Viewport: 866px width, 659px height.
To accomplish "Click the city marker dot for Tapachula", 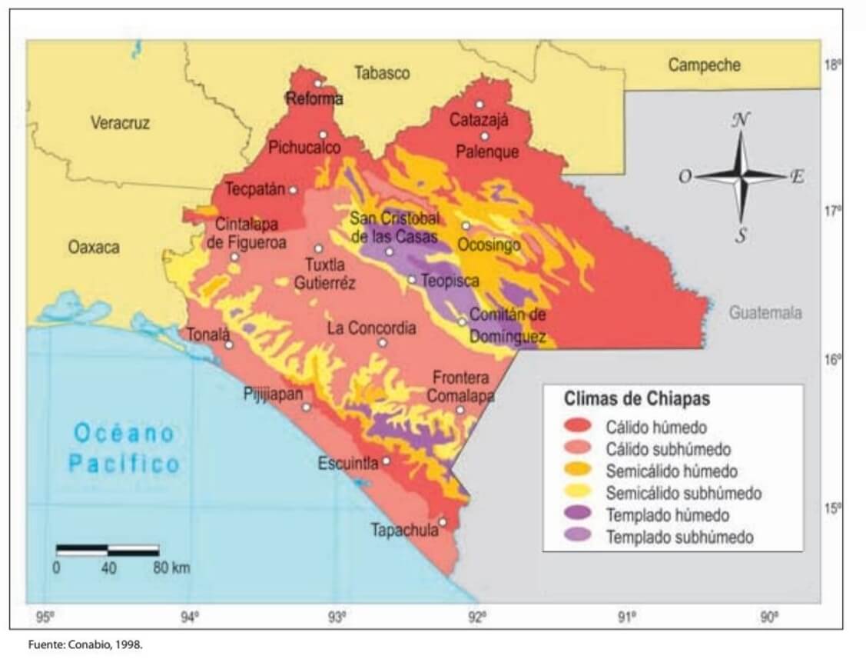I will tap(443, 522).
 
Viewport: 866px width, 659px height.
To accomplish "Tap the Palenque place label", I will tap(487, 152).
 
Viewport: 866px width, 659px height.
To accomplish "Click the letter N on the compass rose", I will tap(741, 120).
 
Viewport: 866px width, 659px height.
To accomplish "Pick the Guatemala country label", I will tap(765, 313).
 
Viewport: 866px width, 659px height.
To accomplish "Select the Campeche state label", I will tap(704, 65).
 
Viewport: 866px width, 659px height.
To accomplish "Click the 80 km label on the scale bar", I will tap(171, 569).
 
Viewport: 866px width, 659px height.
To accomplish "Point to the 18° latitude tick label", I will tap(832, 65).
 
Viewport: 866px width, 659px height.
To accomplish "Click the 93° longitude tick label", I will tap(336, 616).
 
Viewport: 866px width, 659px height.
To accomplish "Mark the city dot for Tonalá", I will tap(229, 344).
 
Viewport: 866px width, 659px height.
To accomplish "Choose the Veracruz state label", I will tap(120, 122).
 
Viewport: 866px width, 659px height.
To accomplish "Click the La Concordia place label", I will tap(371, 328).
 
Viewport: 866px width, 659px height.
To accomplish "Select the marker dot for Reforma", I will tap(317, 83).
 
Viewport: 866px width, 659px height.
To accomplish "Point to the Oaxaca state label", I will tap(94, 248).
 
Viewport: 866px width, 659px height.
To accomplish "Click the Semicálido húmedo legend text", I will tap(672, 471).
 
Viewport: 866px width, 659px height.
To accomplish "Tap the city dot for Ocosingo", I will tap(466, 225).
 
